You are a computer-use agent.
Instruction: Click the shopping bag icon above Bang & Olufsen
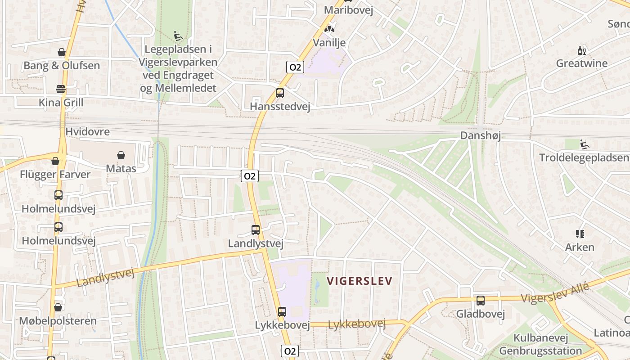(62, 53)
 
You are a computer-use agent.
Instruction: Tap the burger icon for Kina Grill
(61, 89)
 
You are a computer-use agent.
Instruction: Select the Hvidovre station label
(88, 132)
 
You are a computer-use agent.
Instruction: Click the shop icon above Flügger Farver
(55, 161)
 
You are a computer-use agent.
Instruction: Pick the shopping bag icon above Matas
(121, 156)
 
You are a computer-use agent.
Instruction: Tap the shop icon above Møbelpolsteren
(58, 308)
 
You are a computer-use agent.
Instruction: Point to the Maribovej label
(349, 10)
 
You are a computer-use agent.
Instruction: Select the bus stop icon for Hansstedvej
(280, 94)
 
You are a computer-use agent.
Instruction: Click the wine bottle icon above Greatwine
(581, 50)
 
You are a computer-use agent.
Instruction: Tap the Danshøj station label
(481, 135)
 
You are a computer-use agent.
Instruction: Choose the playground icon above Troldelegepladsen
(584, 144)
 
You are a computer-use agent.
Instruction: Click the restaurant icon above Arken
(580, 234)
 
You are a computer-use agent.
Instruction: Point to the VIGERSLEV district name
(360, 281)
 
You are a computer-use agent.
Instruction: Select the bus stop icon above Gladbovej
(481, 301)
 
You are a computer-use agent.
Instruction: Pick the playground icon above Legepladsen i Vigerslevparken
(178, 36)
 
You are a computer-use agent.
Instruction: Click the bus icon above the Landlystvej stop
(256, 230)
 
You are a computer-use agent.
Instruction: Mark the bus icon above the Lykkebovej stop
(282, 312)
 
